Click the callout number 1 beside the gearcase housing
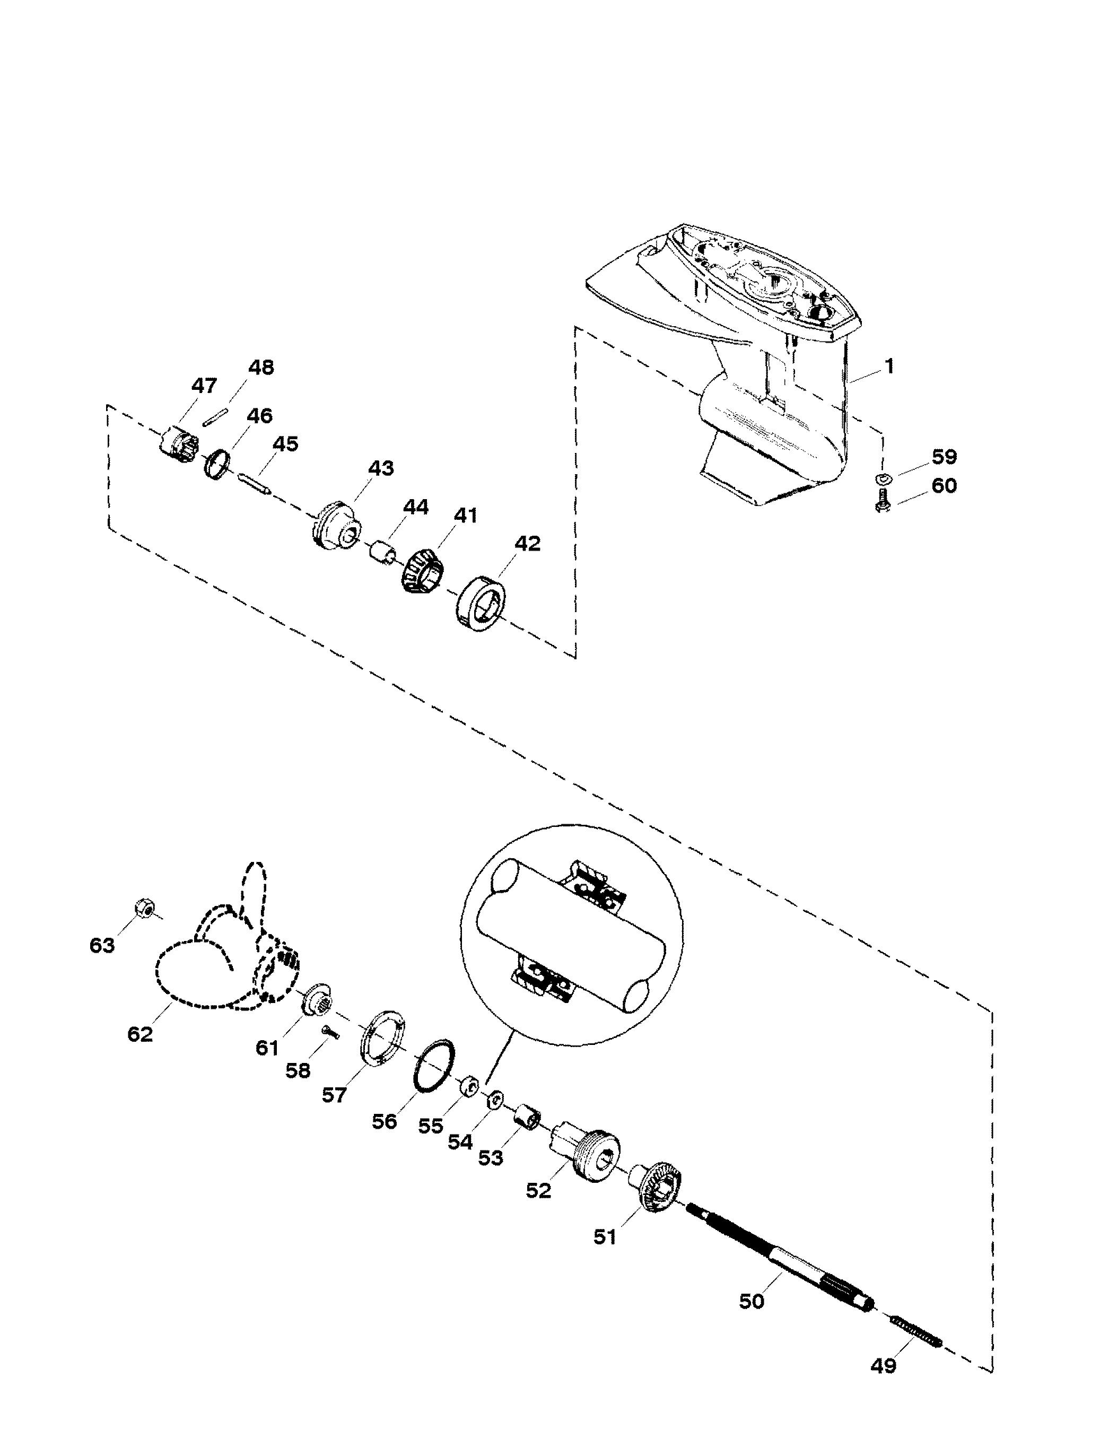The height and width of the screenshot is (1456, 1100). click(889, 366)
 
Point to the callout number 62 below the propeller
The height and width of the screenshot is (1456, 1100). click(139, 1033)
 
